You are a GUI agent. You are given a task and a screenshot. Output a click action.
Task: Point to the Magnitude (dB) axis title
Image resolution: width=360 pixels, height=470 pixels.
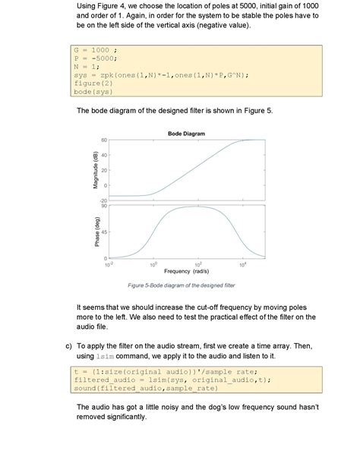96,171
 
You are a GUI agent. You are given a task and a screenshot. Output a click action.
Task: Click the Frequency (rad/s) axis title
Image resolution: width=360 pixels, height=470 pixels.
186,270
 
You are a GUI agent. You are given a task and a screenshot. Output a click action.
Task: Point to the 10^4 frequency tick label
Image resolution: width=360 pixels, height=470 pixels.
243,263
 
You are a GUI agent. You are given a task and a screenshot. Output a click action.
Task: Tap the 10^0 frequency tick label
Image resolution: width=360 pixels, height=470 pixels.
153,263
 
